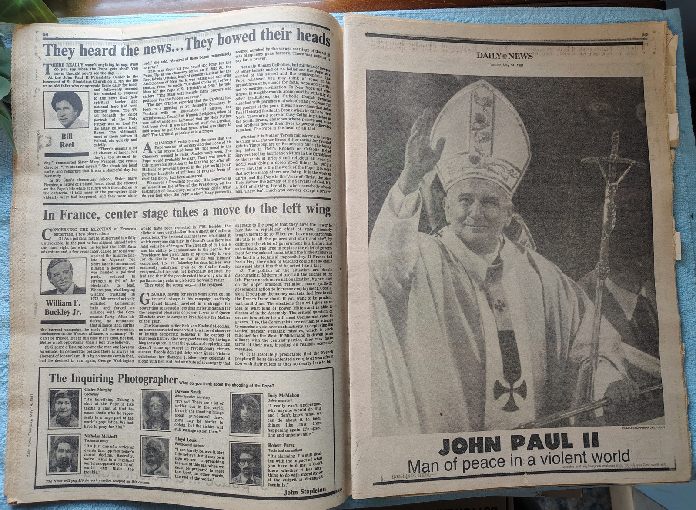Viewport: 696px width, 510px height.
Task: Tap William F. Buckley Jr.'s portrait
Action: [63, 277]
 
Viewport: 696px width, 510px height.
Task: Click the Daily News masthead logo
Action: [504, 56]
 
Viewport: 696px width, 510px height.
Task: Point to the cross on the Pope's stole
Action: [510, 389]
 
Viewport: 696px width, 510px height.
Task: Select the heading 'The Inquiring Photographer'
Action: [113, 379]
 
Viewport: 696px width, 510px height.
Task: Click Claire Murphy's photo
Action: [64, 408]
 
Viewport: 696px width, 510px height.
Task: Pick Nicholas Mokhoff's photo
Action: [64, 453]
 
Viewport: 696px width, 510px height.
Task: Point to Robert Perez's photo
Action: [246, 464]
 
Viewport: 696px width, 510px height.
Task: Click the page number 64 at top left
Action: [45, 35]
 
